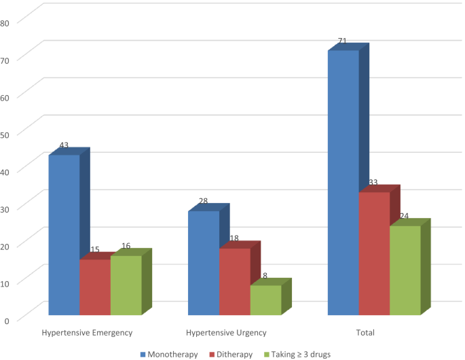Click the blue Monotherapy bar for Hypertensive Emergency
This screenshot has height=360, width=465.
[64, 235]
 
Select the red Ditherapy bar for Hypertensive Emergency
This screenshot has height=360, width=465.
[95, 287]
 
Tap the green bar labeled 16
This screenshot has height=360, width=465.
[126, 285]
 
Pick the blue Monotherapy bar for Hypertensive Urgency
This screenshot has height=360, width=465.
[204, 263]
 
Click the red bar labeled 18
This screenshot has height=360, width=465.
[235, 281]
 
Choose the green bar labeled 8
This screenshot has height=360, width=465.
[266, 300]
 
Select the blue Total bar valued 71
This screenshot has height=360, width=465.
[343, 183]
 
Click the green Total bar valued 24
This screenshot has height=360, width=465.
[405, 270]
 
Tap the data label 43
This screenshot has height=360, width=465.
[64, 145]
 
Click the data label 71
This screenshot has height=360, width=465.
[342, 41]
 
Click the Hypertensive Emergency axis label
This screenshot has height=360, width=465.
[87, 333]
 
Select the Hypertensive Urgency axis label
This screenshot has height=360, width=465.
[226, 333]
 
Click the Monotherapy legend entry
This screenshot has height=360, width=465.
[169, 354]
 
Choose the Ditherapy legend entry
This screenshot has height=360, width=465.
[233, 354]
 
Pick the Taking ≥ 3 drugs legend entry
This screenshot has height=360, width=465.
[298, 354]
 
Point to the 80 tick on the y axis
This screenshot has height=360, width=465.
[5, 22]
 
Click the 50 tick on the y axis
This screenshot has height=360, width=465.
[5, 134]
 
